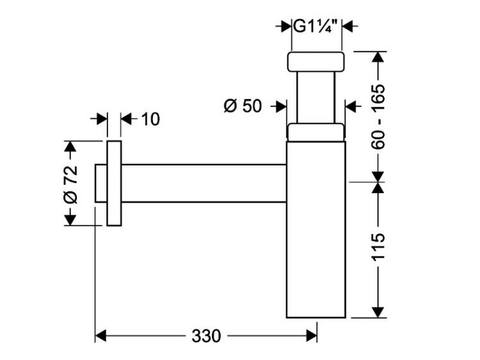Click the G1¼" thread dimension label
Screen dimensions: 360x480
click(x=316, y=27)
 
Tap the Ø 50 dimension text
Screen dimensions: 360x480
click(x=243, y=106)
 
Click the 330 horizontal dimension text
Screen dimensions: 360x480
click(x=205, y=336)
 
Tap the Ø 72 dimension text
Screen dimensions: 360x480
click(x=70, y=184)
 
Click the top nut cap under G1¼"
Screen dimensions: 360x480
click(x=316, y=61)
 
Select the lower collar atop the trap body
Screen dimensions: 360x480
click(x=316, y=132)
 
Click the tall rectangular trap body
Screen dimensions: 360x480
click(x=316, y=230)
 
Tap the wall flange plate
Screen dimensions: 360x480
click(x=113, y=184)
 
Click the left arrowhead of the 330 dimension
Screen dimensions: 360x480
click(x=100, y=336)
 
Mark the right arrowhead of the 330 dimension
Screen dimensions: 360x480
click(x=312, y=336)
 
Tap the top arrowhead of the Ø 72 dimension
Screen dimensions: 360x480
click(x=70, y=146)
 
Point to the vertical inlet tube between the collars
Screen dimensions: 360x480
click(x=316, y=97)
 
